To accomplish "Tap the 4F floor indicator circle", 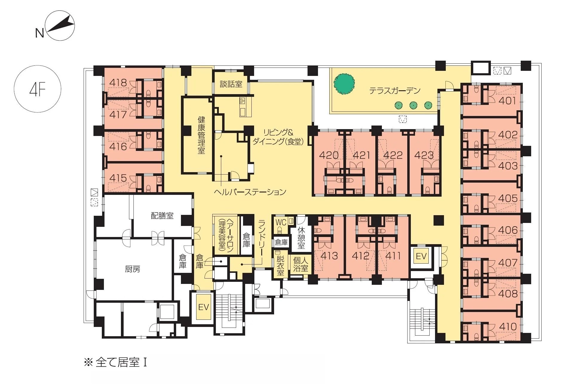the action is (x=38, y=89).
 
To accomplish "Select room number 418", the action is (x=118, y=82).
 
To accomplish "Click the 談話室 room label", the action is (x=231, y=84).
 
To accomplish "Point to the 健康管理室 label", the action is (x=201, y=135).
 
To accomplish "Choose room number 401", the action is (x=507, y=101).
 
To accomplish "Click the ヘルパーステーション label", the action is (x=250, y=192).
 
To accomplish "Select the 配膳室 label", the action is (x=162, y=215).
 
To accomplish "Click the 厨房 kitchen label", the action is (x=132, y=269).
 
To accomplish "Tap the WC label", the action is (x=281, y=222).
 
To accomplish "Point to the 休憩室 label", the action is (x=301, y=238).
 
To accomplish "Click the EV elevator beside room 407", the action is (x=421, y=256).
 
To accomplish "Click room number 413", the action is (x=329, y=256).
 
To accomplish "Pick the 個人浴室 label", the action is (x=301, y=264).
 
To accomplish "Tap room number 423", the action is (x=424, y=155).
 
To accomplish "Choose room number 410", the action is (x=508, y=327).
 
